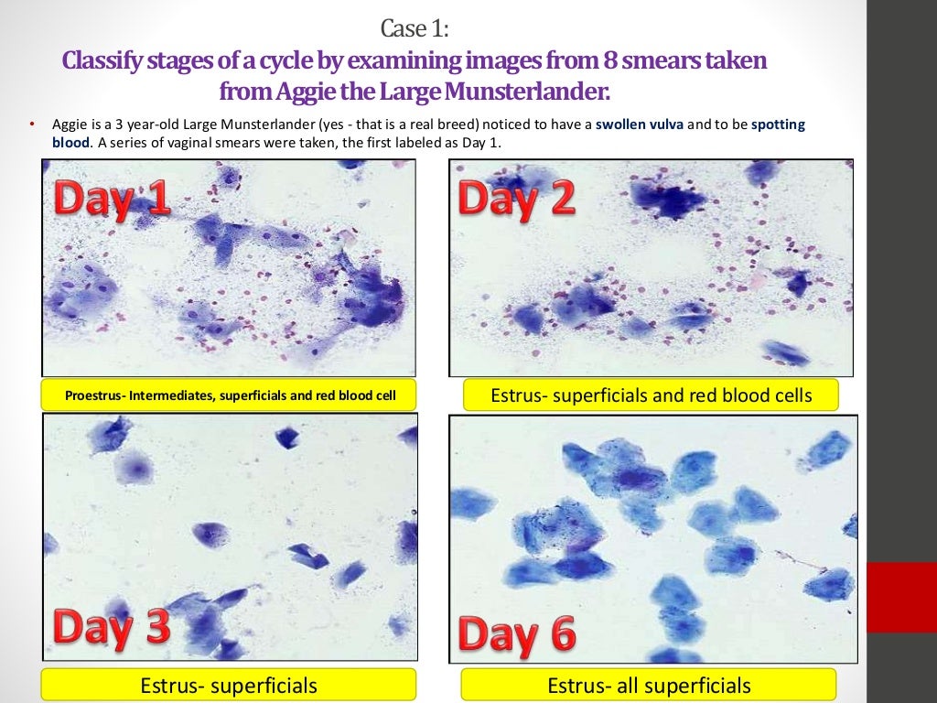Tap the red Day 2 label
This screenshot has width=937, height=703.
(516, 199)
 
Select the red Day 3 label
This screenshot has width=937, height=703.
(111, 628)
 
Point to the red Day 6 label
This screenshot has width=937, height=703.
(516, 633)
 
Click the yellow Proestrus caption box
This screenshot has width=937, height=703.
(229, 396)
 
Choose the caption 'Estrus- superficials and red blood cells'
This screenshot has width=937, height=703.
(651, 395)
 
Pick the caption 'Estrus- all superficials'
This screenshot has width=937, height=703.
(648, 686)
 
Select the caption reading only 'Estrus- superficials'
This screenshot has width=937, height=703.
(229, 686)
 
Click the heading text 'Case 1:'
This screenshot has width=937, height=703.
(415, 29)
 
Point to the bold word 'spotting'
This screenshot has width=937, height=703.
(778, 125)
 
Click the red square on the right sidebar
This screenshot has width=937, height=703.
(901, 597)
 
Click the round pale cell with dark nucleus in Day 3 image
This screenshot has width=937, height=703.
(135, 470)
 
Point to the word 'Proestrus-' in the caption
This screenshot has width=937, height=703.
(94, 396)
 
